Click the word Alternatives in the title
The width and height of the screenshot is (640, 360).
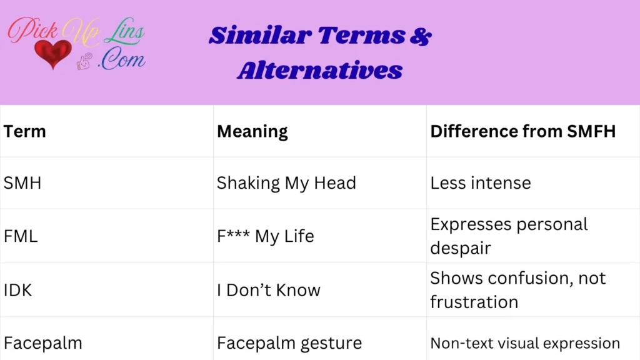coord(319,70)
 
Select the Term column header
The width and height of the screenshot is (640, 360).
coord(25,131)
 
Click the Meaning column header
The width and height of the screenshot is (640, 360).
coord(252,131)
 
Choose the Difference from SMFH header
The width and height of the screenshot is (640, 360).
coord(523,131)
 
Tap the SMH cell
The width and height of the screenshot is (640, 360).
coord(22,183)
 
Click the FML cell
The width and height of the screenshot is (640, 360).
coord(21,236)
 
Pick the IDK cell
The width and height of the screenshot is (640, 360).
coord(19,290)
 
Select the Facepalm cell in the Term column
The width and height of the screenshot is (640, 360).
coord(42,343)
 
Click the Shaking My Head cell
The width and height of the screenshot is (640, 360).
coord(286,183)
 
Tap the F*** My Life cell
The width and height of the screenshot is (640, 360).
coord(266,236)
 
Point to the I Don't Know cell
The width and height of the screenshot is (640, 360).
coord(269,290)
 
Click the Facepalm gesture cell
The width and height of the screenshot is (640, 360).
coord(289,343)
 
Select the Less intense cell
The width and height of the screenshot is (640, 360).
coord(481,183)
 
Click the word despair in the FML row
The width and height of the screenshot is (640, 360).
coord(461,248)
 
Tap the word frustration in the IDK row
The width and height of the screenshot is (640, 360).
coord(474,302)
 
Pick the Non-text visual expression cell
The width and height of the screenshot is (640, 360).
coord(525,343)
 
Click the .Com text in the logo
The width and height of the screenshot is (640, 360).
coord(121,60)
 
